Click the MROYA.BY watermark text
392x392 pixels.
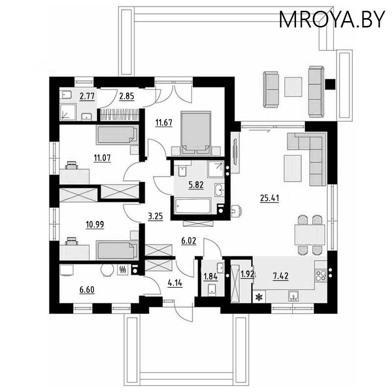pos(332,20)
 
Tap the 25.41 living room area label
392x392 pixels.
pos(269,198)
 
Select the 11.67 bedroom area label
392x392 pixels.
pos(164,123)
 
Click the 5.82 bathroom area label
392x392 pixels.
pos(196,185)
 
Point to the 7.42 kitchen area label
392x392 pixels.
pos(281,276)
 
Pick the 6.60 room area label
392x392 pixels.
pos(87,290)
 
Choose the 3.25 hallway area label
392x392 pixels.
pos(155,216)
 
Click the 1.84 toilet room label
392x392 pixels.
pos(211,277)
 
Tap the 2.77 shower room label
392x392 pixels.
pos(87,96)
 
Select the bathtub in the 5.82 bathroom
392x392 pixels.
pos(193,206)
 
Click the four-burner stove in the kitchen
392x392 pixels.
pos(321,275)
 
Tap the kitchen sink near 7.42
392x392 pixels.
pos(294,296)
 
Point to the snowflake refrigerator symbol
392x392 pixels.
pos(259,297)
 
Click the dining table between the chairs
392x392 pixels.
pos(310,235)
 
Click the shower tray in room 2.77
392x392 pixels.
pos(68,112)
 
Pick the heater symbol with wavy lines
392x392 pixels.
pos(123,269)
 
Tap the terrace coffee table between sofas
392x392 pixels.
pos(294,87)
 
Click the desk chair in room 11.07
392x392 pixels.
pos(72,165)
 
